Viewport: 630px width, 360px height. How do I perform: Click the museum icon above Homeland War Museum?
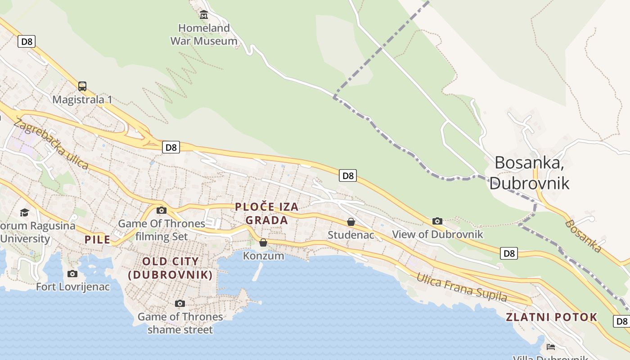[x=204, y=15]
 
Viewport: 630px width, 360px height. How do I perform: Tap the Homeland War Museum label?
[x=204, y=35]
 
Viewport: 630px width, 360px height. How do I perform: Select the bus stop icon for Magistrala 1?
[x=82, y=86]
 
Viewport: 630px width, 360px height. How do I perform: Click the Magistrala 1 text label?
[x=82, y=99]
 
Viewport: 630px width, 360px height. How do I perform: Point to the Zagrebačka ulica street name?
[x=51, y=144]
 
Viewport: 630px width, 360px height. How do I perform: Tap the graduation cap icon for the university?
[x=24, y=212]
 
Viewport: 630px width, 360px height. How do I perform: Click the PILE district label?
[x=97, y=239]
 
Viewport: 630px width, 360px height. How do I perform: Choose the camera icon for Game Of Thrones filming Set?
[x=161, y=210]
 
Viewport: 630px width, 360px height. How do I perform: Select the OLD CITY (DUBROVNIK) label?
[x=171, y=268]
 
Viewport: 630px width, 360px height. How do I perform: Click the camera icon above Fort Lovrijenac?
[x=72, y=274]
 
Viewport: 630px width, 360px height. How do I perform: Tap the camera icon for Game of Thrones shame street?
[x=180, y=304]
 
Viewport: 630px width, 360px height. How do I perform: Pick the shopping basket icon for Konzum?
[x=263, y=243]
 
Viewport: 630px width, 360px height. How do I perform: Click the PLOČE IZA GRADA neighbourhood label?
[x=267, y=213]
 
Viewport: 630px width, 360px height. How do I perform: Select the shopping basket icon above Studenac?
[x=351, y=222]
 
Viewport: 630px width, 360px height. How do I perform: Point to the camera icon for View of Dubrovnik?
[x=437, y=221]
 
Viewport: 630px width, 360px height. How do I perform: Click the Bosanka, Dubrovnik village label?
[x=530, y=173]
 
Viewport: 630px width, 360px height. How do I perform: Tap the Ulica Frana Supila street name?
[x=462, y=288]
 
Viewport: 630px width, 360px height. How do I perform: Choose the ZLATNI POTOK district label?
[x=552, y=317]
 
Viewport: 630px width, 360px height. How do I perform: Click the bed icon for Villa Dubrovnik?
[x=550, y=347]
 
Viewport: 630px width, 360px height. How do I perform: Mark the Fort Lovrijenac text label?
[x=73, y=287]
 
